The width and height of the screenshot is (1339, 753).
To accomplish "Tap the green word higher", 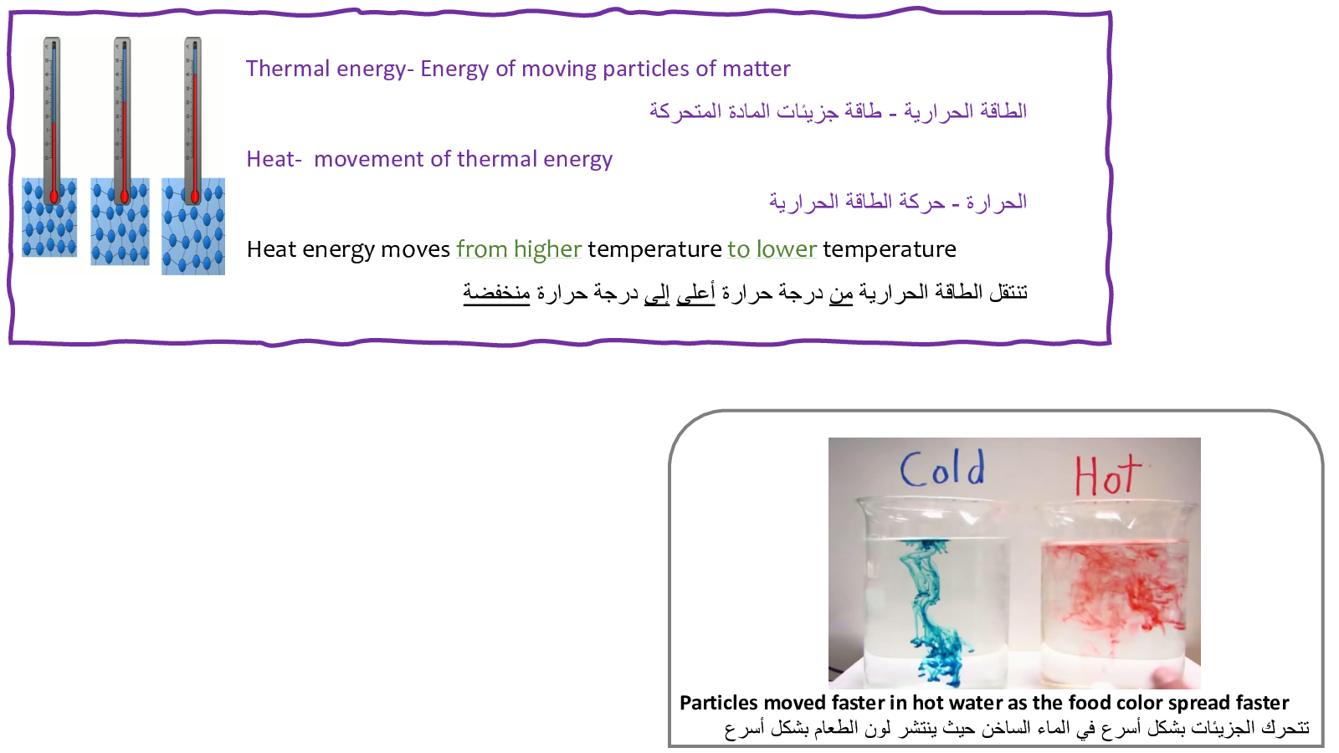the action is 547,250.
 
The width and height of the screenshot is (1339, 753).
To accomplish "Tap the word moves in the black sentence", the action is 415,250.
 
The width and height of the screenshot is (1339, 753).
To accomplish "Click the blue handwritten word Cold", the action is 942,469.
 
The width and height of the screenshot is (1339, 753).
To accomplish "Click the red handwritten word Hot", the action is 1108,475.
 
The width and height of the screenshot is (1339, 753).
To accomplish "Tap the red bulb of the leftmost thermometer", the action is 54,196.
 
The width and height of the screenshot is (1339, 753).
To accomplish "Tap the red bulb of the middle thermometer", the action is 125,196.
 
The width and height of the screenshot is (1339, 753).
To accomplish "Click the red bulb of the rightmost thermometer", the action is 195,196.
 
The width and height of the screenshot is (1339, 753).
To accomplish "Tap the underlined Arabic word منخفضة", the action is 497,293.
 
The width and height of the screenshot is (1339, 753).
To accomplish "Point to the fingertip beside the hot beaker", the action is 1168,679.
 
